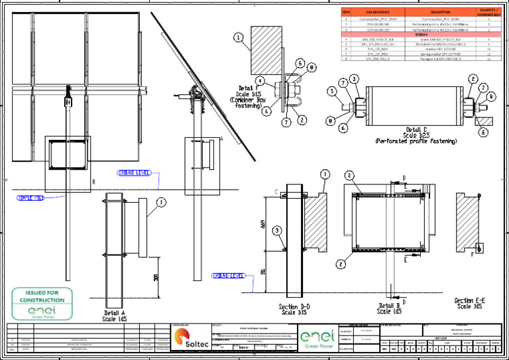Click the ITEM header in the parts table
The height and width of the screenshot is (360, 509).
pyautogui.click(x=346, y=12)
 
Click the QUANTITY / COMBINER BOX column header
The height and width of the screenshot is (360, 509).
pyautogui.click(x=488, y=12)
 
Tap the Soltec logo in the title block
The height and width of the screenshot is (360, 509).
pyautogui.click(x=191, y=338)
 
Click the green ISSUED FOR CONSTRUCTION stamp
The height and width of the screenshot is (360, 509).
pyautogui.click(x=42, y=304)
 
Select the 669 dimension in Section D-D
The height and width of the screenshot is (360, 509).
pyautogui.click(x=264, y=226)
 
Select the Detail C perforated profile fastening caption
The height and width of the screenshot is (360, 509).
pyautogui.click(x=416, y=135)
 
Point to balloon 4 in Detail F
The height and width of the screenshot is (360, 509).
pyautogui.click(x=260, y=81)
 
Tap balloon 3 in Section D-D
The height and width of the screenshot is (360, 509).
pyautogui.click(x=277, y=230)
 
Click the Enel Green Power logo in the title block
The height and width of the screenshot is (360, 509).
pyautogui.click(x=318, y=339)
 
